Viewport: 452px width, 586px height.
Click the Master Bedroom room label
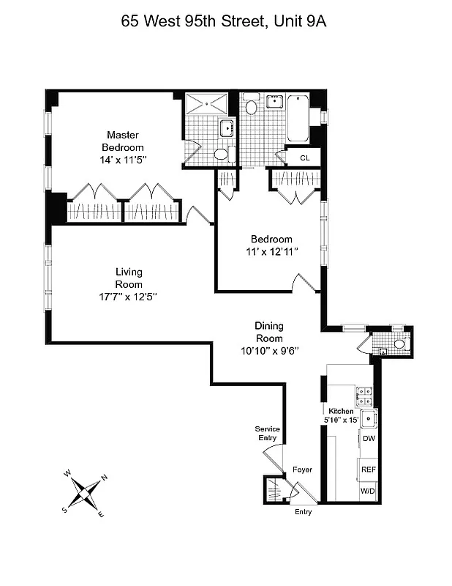(122, 141)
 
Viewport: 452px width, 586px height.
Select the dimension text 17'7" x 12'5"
(128, 297)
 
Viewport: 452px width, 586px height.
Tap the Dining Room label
(268, 332)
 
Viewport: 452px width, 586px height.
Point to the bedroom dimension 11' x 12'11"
(271, 251)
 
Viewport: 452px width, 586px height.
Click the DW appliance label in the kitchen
(369, 438)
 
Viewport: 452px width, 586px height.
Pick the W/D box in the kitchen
(368, 492)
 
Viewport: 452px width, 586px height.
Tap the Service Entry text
(267, 433)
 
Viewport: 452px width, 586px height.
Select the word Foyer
(302, 469)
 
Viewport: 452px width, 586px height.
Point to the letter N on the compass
(104, 478)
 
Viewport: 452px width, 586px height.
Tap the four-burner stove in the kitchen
(364, 396)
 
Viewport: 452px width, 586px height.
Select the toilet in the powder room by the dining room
(399, 344)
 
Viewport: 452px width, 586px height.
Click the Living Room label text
(128, 278)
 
